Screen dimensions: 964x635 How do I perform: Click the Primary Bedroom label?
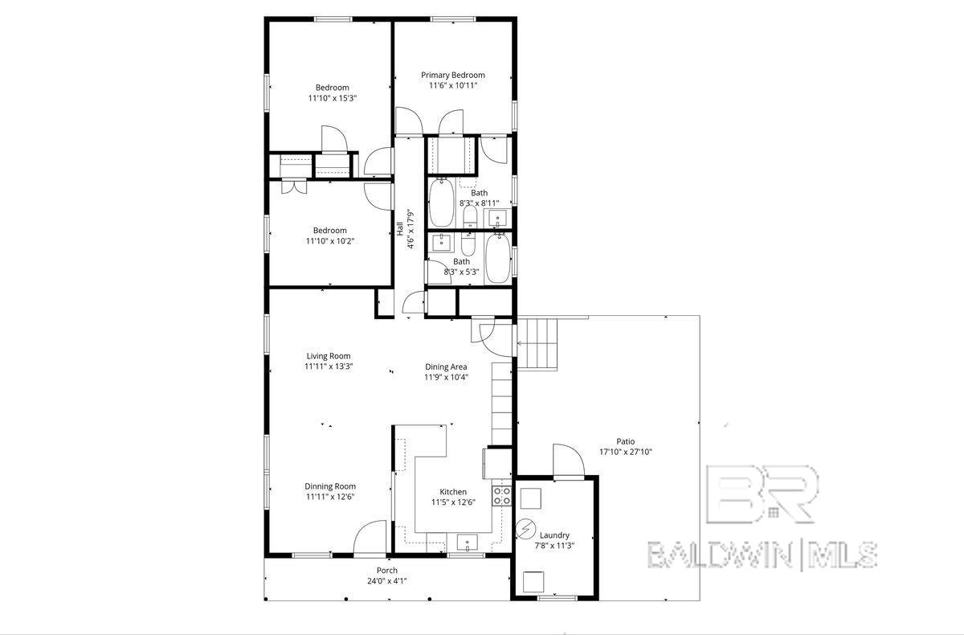(453, 76)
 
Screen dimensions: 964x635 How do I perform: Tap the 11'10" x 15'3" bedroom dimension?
(333, 98)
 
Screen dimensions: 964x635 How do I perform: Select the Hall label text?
(400, 228)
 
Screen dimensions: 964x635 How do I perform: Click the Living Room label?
(329, 356)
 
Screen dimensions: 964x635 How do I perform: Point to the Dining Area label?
(446, 367)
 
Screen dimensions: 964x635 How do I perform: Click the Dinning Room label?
(330, 486)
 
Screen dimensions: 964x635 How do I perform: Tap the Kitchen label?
(453, 492)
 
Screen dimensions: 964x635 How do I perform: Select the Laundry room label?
(554, 535)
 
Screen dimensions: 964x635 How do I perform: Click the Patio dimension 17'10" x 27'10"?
(626, 452)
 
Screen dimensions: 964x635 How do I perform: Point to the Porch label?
(387, 571)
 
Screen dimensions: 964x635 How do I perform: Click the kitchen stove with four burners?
(502, 496)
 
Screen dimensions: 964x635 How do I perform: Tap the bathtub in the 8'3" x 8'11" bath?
(441, 203)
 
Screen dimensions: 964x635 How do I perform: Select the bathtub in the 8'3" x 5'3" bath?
(498, 258)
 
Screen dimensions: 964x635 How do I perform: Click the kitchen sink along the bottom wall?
(467, 543)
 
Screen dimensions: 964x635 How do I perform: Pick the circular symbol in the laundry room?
(525, 529)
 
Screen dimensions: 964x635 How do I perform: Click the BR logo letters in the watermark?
(762, 494)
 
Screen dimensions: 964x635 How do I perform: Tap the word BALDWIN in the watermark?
(719, 555)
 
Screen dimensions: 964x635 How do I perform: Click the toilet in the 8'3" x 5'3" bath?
(468, 244)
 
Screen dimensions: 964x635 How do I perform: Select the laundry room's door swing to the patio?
(569, 461)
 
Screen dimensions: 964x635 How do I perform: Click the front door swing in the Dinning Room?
(370, 537)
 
